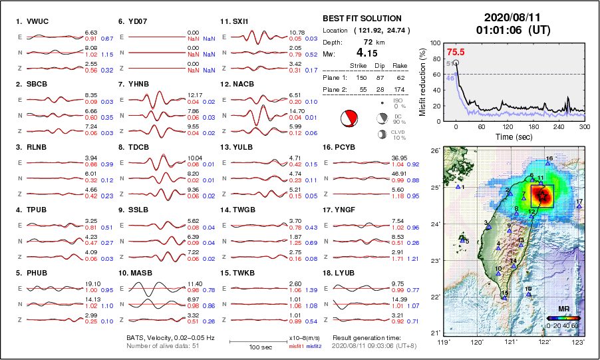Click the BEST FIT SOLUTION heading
tap(361, 19)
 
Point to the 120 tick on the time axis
tap(508, 126)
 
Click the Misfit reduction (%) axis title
tap(423, 81)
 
